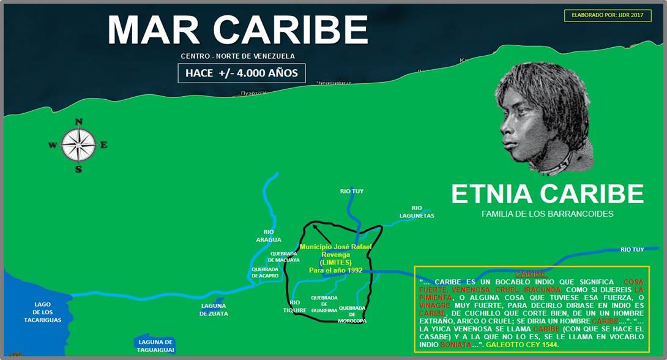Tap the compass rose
[78, 144]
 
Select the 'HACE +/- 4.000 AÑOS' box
[241, 73]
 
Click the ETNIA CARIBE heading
[547, 193]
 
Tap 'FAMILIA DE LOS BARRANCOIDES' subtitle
[547, 214]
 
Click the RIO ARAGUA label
[268, 236]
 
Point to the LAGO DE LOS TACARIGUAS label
[43, 312]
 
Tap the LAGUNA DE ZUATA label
[214, 310]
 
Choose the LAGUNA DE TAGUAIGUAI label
[156, 346]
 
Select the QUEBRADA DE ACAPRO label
[265, 272]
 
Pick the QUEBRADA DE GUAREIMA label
[324, 304]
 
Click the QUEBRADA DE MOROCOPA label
[352, 314]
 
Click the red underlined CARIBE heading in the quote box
[530, 274]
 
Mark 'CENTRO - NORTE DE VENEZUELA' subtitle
[237, 56]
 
